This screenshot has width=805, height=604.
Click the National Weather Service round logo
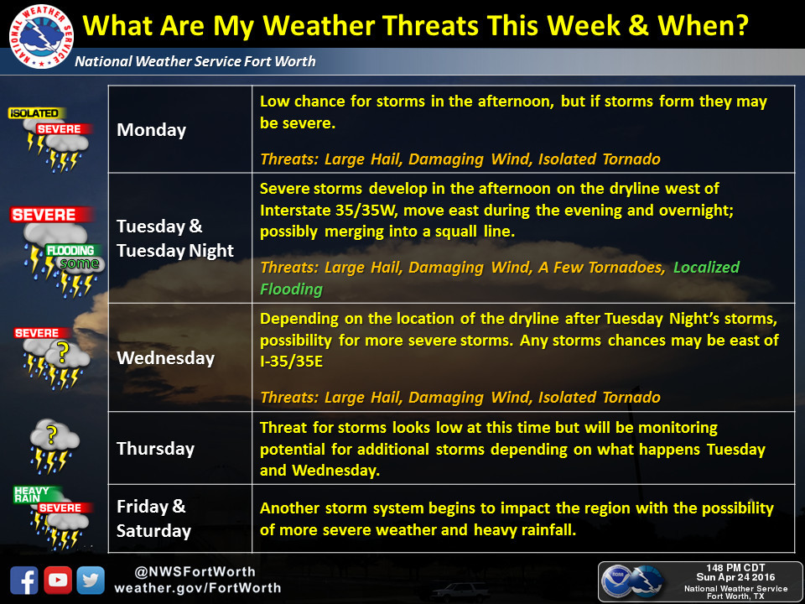pos(41,36)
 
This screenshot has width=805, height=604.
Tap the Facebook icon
pos(24,581)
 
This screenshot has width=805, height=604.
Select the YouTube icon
pos(58,581)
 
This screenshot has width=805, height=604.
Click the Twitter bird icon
pos(91,581)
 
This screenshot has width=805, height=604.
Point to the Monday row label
pos(152,130)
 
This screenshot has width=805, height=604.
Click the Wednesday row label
pos(165,358)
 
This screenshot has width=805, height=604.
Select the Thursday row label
pos(156,449)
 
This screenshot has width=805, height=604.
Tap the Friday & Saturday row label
pos(153,518)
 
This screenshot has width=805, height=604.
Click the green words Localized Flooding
pos(500,278)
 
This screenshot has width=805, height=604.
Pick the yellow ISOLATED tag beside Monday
pos(36,113)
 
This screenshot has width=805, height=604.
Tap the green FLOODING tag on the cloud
pos(70,250)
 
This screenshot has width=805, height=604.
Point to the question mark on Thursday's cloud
pos(51,435)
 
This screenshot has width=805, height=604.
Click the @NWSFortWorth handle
pos(195,571)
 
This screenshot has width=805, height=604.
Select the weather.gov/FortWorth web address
pos(198,588)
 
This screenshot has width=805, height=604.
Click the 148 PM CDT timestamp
pos(735,568)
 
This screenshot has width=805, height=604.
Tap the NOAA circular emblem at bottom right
pos(616,581)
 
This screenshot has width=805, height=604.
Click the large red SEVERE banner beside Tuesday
pos(51,215)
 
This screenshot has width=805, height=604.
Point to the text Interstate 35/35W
pos(328,210)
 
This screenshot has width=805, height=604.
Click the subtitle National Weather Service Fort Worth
pos(195,61)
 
